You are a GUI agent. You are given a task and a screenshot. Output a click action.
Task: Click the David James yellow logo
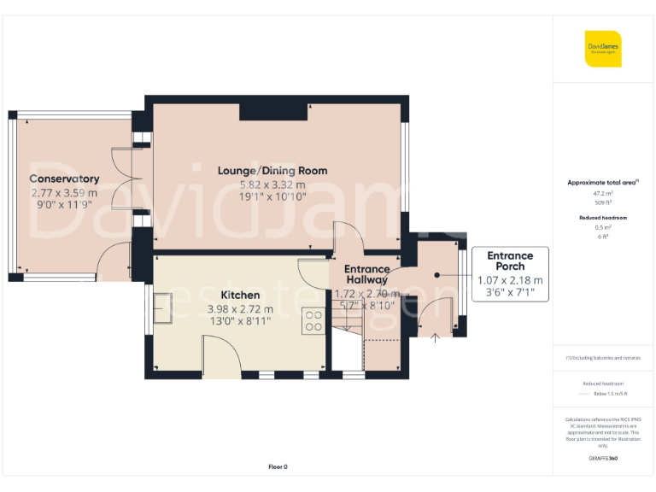[x=603, y=49]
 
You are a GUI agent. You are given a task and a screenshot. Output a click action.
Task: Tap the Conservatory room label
[x=64, y=179]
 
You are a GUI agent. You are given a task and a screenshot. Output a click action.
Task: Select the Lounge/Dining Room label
[x=272, y=171]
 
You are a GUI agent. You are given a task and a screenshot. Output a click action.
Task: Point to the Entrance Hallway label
[x=366, y=274]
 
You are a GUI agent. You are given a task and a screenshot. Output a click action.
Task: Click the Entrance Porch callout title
[x=510, y=261]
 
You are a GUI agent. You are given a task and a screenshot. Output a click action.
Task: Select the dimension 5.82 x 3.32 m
[x=272, y=184]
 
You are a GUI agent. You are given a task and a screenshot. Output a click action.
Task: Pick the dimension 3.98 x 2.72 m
[x=240, y=308]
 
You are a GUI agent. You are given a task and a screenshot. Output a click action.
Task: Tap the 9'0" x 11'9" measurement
[x=64, y=206]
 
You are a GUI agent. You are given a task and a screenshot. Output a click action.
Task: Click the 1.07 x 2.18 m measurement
[x=510, y=279]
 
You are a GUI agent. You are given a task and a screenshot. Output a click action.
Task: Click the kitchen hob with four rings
[x=313, y=320]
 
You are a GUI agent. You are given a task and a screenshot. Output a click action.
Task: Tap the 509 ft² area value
[x=603, y=203]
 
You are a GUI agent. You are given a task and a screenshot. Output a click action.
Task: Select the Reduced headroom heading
[x=603, y=218]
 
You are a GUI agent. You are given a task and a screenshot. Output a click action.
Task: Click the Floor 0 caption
[x=278, y=466]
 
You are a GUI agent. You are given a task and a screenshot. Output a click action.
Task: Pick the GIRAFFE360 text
[x=603, y=459]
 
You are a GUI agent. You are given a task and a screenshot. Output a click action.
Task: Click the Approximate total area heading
[x=603, y=183]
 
